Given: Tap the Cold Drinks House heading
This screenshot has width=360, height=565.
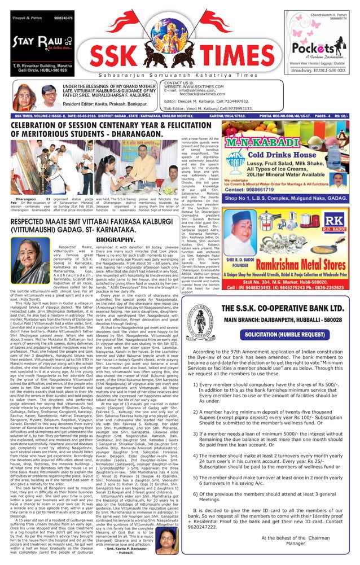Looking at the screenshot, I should (x=301, y=156).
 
